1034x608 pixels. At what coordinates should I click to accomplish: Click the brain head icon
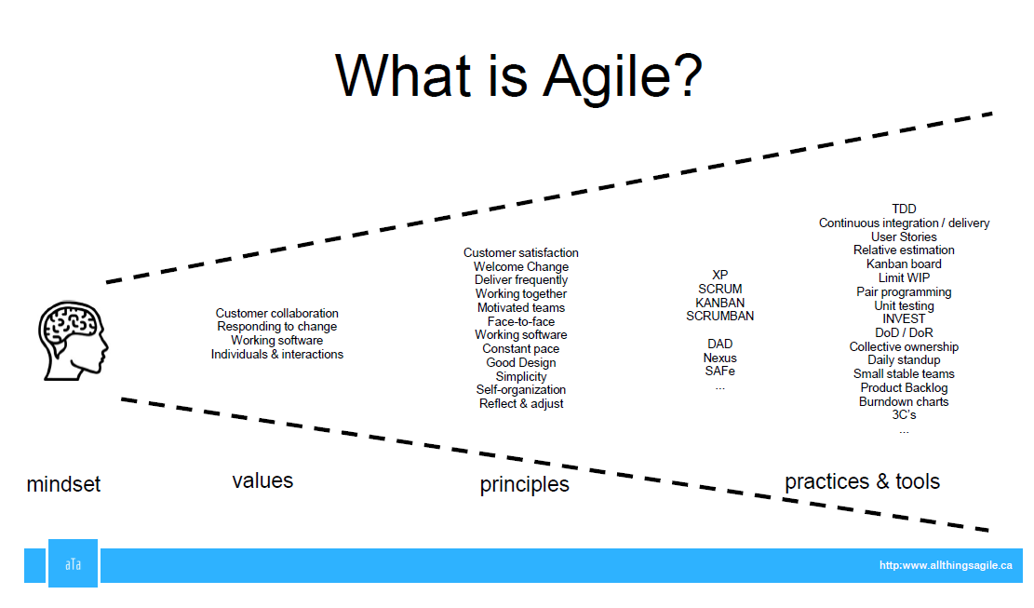click(x=71, y=338)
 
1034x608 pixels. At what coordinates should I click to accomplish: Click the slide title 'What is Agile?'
click(x=518, y=75)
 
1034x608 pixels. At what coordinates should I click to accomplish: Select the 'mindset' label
click(x=63, y=484)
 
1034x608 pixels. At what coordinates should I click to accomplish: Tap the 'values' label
click(x=262, y=480)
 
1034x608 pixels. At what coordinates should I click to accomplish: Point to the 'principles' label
click(x=524, y=485)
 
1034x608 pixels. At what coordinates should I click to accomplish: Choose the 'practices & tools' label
click(x=862, y=481)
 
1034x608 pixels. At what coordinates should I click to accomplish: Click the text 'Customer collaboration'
click(x=276, y=314)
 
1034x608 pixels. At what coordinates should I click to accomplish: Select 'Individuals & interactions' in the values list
click(x=276, y=355)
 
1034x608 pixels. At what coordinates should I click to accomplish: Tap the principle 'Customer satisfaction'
click(x=521, y=253)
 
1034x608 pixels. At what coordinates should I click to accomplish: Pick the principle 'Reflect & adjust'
click(x=521, y=404)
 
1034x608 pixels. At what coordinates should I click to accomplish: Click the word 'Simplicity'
click(x=521, y=377)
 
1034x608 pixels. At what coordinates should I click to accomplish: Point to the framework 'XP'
click(x=719, y=276)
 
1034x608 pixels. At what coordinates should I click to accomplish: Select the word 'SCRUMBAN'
click(x=719, y=317)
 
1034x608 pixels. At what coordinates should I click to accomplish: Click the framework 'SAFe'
click(x=719, y=372)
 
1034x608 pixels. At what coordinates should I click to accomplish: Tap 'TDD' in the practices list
click(x=904, y=209)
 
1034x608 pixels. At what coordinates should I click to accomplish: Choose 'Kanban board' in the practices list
click(x=904, y=264)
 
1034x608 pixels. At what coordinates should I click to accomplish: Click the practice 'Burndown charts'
click(x=904, y=402)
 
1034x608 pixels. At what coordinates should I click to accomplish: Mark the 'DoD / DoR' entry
click(x=904, y=333)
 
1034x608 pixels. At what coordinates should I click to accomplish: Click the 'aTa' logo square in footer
click(x=73, y=564)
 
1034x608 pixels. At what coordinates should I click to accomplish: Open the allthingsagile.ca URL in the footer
click(x=945, y=566)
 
